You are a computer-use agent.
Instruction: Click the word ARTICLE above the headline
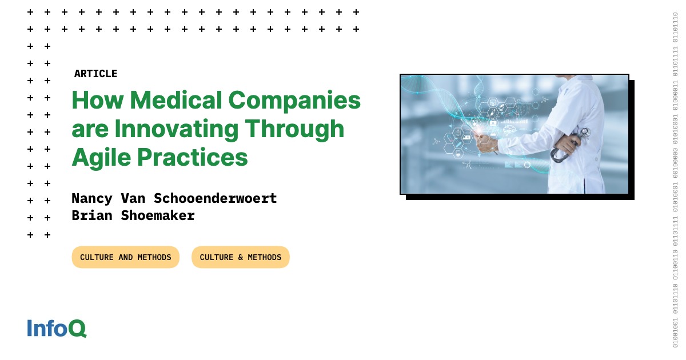coord(95,74)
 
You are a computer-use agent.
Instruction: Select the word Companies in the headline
coord(295,101)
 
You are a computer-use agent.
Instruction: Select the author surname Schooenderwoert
coord(215,198)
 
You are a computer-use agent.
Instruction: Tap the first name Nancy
coord(92,198)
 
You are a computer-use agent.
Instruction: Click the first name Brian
coord(92,215)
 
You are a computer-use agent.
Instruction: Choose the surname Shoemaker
coord(158,215)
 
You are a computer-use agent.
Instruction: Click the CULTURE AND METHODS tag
coord(126,257)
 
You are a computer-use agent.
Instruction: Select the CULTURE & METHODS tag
coord(241,257)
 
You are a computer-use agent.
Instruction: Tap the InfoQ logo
coord(57,329)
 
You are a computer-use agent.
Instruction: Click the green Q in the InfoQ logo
coord(77,329)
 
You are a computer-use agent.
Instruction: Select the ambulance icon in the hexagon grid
coord(466,138)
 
